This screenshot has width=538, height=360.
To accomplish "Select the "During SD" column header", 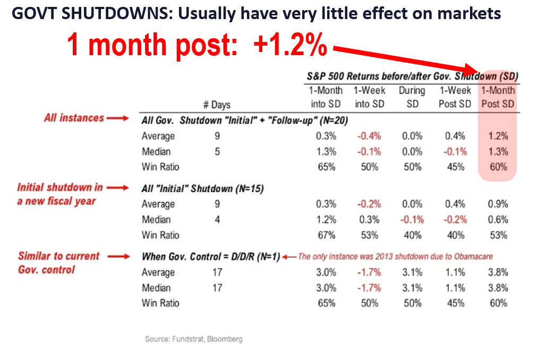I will click(x=412, y=97).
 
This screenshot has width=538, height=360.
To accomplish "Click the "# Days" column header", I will click(x=217, y=105).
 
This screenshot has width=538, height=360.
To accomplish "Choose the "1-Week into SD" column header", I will click(x=369, y=97).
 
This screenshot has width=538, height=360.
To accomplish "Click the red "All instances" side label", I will click(x=74, y=118).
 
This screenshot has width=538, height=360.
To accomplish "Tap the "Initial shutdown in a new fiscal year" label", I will click(x=59, y=194).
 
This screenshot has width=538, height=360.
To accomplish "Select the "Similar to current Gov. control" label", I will click(x=58, y=263).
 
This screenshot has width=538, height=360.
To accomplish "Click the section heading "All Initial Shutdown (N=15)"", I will click(x=203, y=188).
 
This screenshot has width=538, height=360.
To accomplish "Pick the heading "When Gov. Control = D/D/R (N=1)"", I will click(x=210, y=256).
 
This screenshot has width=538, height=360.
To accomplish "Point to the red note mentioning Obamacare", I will click(x=395, y=256).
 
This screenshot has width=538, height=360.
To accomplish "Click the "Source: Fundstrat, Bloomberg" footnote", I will click(x=193, y=339).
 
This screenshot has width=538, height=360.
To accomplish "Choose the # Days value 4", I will click(x=217, y=219).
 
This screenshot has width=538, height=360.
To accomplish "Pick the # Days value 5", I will click(x=217, y=151).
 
